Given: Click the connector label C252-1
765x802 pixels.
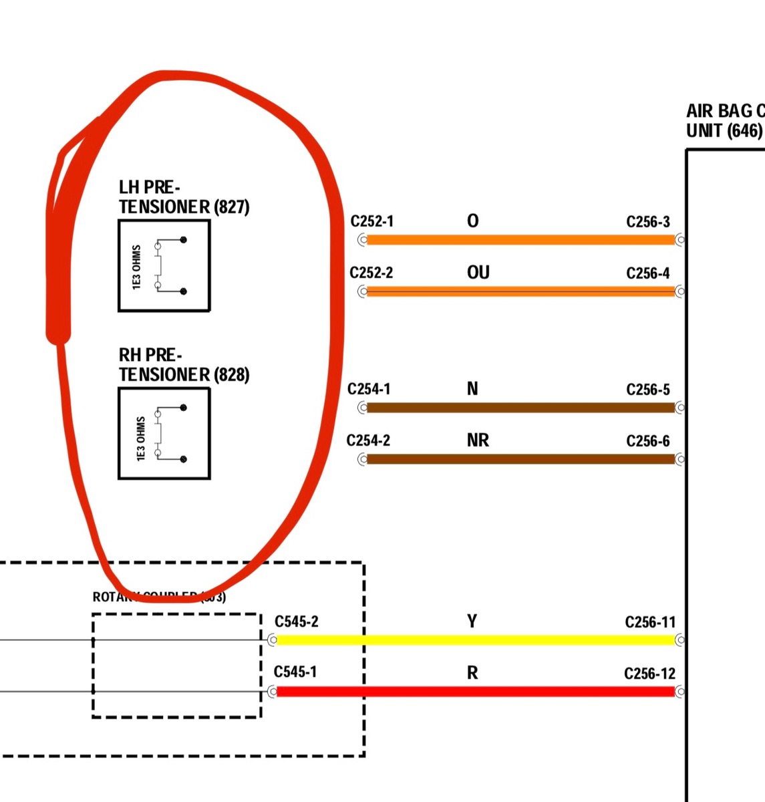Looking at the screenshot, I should [x=371, y=221].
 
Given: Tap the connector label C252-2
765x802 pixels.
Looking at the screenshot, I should [x=371, y=273].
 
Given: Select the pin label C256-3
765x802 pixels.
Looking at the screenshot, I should [x=647, y=222].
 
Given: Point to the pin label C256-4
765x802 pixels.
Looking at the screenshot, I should [x=647, y=273].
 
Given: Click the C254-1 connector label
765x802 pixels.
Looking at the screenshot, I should [x=369, y=389].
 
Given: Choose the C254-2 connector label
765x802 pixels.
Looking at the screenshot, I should [x=368, y=440].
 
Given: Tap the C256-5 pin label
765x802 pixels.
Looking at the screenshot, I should [x=647, y=390].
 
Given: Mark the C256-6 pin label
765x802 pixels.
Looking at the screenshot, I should [x=647, y=441].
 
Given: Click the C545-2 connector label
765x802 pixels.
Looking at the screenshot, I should [x=296, y=622].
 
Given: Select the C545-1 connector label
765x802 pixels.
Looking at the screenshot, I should [x=295, y=672].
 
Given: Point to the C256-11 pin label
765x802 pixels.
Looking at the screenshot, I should [x=650, y=622].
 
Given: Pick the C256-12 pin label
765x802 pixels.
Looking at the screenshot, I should [x=650, y=674].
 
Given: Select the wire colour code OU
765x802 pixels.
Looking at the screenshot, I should [x=478, y=273].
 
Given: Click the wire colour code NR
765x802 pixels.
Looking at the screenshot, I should [x=478, y=440].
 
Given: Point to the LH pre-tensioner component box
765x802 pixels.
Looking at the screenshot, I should [x=164, y=266].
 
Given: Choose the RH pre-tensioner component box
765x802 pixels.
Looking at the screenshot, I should [x=164, y=434].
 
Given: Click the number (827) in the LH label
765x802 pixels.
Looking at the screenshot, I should [x=231, y=207].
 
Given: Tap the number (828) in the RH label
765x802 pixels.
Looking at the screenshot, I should [x=231, y=375].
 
